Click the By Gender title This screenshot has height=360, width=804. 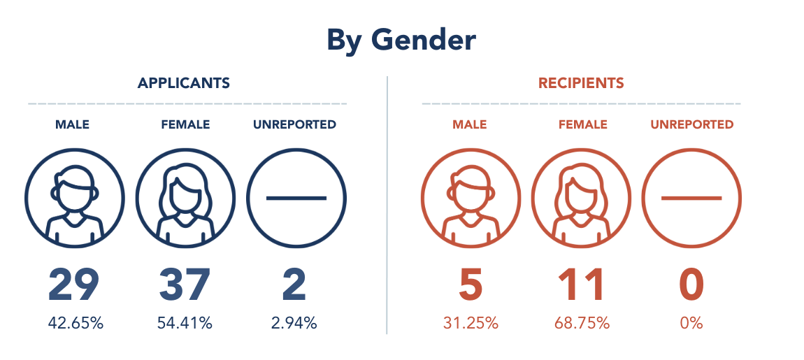tap(401, 41)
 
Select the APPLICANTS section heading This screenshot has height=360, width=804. tap(184, 83)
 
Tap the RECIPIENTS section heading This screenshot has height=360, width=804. tap(581, 83)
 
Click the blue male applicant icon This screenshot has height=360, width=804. tap(74, 199)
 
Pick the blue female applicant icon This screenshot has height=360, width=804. tap(185, 199)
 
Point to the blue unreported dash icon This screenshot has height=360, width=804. tap(296, 199)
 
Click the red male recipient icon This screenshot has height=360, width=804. tap(471, 199)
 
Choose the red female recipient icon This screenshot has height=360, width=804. tap(581, 199)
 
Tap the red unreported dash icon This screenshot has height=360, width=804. tap(691, 199)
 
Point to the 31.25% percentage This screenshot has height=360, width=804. tap(471, 323)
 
